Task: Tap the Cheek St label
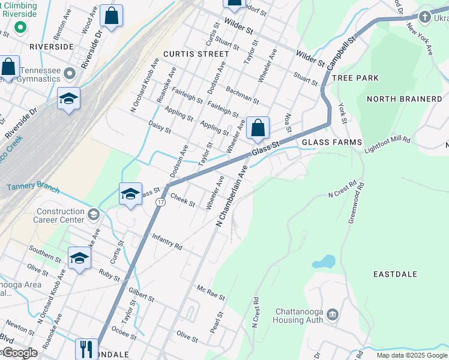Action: coord(182,200)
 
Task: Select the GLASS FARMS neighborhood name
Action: coord(332,142)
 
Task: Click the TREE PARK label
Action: coord(355,78)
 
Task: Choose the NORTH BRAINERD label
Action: coord(404,99)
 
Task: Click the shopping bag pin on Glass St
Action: coord(257,127)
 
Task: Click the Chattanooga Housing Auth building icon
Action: coord(333,314)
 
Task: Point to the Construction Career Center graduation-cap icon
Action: coord(93,214)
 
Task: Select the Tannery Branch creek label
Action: coord(33,188)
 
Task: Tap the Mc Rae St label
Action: coord(211,293)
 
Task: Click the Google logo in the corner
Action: coord(20,353)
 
